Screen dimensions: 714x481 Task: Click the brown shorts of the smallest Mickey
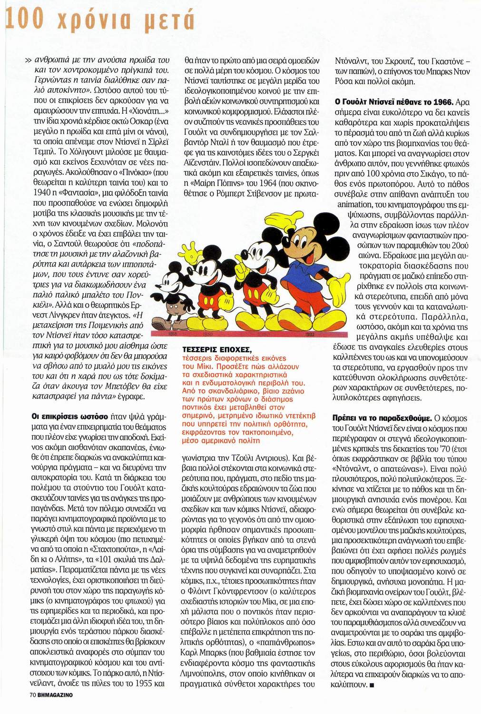(x=172, y=309)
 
